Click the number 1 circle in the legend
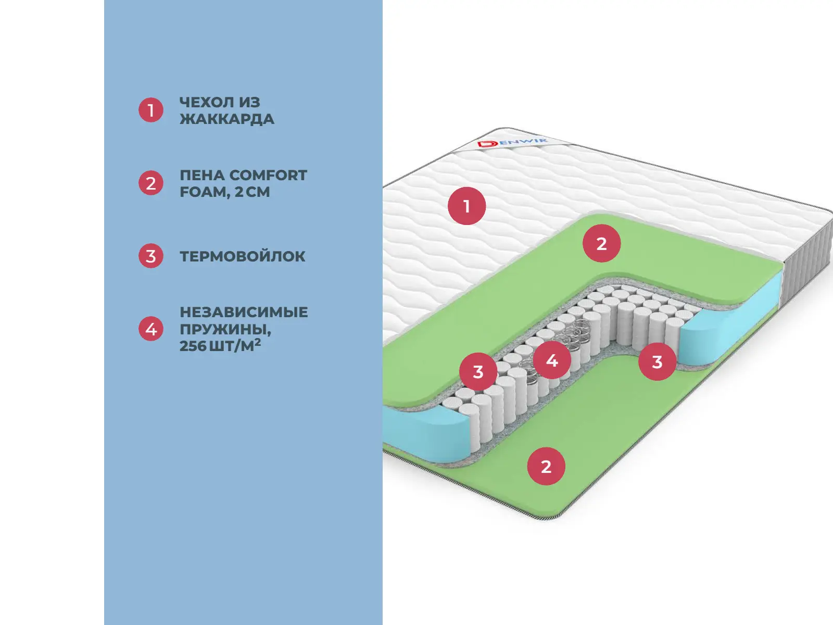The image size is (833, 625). tap(151, 110)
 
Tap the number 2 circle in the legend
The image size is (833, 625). tap(151, 183)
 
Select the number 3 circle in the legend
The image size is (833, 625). tap(151, 256)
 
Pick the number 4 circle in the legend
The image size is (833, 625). tap(151, 329)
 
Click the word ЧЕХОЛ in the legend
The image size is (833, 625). tap(204, 102)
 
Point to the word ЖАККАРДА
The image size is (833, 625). tap(226, 119)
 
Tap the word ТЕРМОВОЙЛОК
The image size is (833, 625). tap(242, 256)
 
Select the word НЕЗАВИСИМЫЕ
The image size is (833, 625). tap(244, 312)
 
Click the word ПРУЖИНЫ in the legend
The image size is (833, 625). tap(224, 329)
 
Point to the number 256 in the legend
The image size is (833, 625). tap(193, 346)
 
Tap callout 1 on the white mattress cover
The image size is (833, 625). tap(466, 206)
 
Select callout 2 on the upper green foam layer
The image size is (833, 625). tap(601, 243)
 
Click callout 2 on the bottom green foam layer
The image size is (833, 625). tap(546, 466)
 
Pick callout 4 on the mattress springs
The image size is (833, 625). tap(552, 360)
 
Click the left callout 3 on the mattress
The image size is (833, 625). tap(478, 372)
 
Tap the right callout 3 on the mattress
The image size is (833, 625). tap(657, 361)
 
